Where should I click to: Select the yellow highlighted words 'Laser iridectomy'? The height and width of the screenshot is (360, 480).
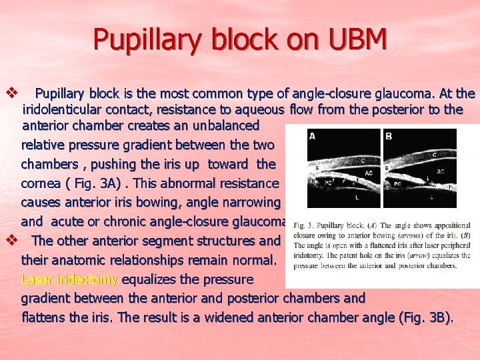[69, 279]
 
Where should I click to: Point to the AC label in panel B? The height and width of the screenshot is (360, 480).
[440, 171]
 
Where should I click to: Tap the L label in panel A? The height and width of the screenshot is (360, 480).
[357, 198]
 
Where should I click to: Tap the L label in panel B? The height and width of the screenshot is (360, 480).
[431, 197]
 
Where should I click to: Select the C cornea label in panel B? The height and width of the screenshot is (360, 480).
[435, 155]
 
